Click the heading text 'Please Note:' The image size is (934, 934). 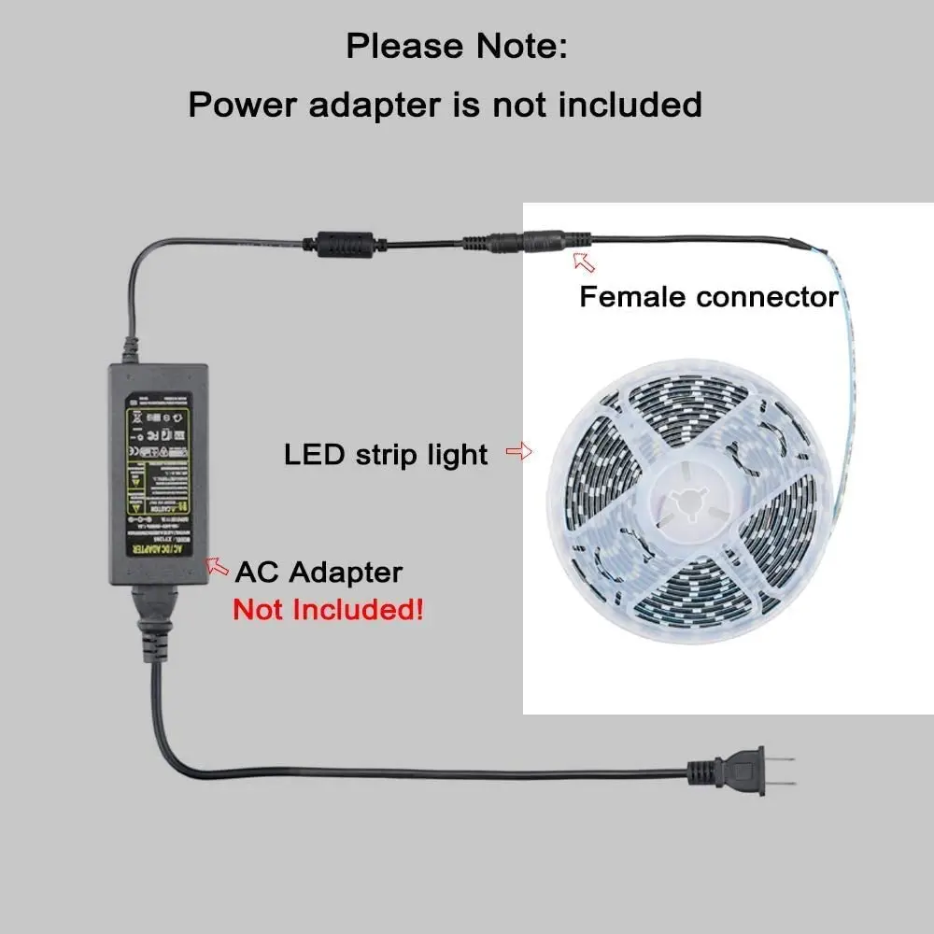click(x=456, y=46)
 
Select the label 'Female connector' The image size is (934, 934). click(x=709, y=297)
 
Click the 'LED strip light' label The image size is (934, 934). click(x=386, y=455)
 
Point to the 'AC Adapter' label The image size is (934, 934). click(x=318, y=572)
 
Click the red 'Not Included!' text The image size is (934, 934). click(x=328, y=611)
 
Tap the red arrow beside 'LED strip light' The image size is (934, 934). click(x=518, y=453)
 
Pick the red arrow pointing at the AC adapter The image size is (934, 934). click(x=218, y=565)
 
